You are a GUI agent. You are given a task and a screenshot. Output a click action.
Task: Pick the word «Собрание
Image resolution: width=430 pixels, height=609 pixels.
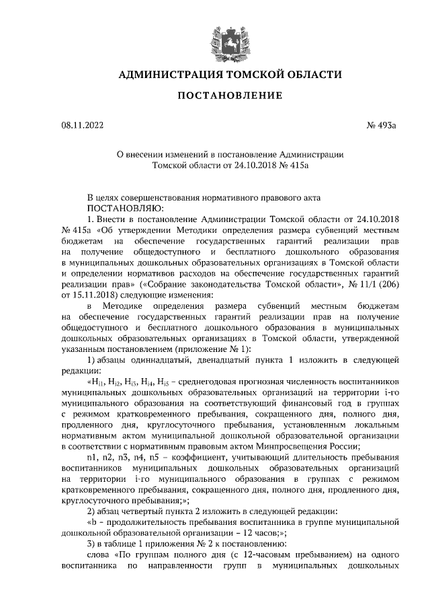[x=159, y=284]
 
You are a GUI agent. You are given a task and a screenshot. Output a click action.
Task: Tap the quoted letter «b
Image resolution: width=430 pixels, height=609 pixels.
[x=92, y=522]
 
